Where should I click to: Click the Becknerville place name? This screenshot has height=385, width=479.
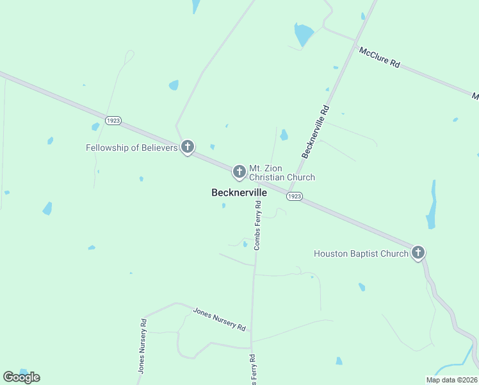coord(239,193)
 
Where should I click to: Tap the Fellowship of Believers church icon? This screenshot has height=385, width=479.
coord(187,148)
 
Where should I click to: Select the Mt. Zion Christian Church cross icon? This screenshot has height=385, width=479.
coord(239,171)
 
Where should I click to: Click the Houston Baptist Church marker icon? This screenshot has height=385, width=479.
coord(418,253)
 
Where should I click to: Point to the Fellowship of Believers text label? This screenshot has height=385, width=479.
coord(131,148)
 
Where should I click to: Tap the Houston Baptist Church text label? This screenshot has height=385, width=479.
coord(361,253)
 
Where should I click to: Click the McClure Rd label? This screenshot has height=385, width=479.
coord(379,57)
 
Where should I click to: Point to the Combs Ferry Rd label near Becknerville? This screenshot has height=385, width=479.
coord(258,225)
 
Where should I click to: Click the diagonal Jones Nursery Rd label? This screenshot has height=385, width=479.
coord(220,318)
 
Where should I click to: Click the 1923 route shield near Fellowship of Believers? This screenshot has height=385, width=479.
coord(114,120)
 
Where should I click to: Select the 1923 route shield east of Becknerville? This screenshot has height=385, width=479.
coord(294,196)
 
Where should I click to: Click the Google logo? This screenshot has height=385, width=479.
coord(21,377)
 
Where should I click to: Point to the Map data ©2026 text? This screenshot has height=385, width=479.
coord(451,380)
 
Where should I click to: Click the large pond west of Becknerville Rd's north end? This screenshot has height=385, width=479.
coord(303,34)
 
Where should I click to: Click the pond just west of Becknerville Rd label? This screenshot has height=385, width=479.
coord(284,135)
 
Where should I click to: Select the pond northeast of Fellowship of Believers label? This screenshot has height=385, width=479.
coord(174,85)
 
